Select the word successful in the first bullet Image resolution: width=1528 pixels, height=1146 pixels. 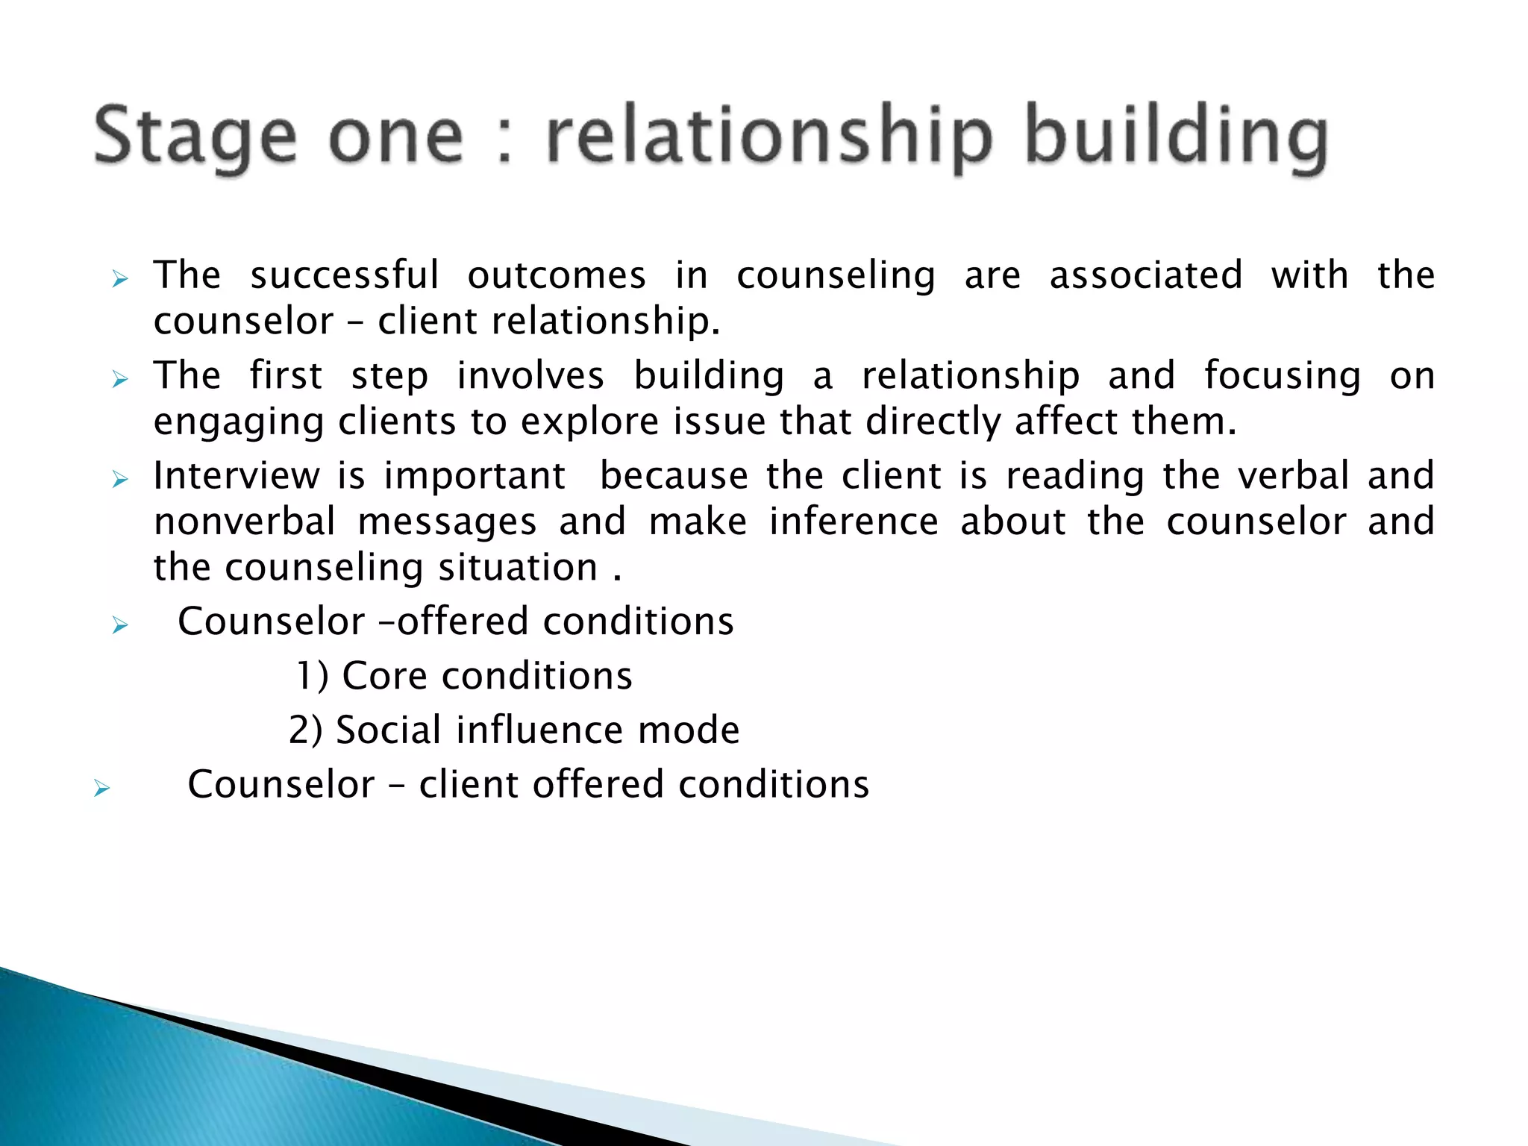(x=344, y=275)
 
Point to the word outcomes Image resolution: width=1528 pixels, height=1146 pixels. (x=557, y=275)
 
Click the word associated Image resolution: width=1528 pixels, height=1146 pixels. (x=1146, y=275)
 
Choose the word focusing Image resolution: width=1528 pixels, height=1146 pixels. (x=1282, y=377)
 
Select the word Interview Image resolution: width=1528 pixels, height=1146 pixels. (x=236, y=475)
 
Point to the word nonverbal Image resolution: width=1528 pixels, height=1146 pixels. (x=245, y=521)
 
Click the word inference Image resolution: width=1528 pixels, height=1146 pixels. (x=854, y=521)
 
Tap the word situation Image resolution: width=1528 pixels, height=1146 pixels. (x=518, y=569)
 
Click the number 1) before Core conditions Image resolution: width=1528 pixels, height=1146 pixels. (x=313, y=676)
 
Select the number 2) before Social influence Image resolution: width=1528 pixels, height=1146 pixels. (x=306, y=730)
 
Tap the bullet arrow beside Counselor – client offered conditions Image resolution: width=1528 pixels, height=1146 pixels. (x=102, y=788)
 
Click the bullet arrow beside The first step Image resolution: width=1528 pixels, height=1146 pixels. (x=120, y=380)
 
